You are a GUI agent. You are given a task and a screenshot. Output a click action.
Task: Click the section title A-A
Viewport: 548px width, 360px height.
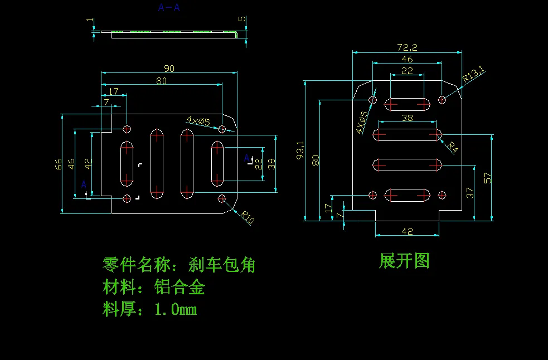(x=169, y=8)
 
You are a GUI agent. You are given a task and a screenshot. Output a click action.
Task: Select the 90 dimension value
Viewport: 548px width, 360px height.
(x=168, y=69)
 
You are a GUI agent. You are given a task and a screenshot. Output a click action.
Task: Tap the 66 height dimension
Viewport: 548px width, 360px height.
(x=58, y=164)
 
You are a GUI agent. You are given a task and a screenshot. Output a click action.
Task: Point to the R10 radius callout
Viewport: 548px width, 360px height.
(x=248, y=217)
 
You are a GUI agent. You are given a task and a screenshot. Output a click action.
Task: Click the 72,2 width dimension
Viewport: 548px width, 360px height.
(x=407, y=48)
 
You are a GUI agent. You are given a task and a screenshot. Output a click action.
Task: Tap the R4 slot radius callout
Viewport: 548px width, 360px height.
(x=453, y=148)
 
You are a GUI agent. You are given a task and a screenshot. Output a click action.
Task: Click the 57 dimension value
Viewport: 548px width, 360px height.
(x=488, y=178)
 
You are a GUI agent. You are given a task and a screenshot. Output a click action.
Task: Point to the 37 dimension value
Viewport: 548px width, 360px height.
(x=470, y=193)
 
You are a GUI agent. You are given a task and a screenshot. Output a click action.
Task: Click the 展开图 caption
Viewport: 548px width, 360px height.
(x=404, y=260)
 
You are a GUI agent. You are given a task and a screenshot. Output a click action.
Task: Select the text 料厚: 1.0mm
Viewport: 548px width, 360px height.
(x=149, y=309)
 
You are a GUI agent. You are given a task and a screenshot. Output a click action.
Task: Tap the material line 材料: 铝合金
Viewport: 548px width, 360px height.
(x=154, y=287)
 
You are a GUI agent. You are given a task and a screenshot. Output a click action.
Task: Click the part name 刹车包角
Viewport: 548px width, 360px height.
(x=222, y=265)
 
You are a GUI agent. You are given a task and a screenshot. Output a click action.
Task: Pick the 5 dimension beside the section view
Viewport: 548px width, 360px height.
(x=241, y=19)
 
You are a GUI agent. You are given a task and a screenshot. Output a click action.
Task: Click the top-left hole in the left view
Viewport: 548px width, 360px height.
(x=127, y=129)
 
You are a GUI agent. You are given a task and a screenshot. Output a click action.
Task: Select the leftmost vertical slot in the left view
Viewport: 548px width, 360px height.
(x=127, y=163)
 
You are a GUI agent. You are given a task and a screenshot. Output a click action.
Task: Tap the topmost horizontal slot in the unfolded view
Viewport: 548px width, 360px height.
(x=408, y=104)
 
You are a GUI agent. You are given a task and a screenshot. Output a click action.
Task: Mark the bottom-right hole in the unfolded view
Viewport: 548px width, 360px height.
(x=442, y=195)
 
